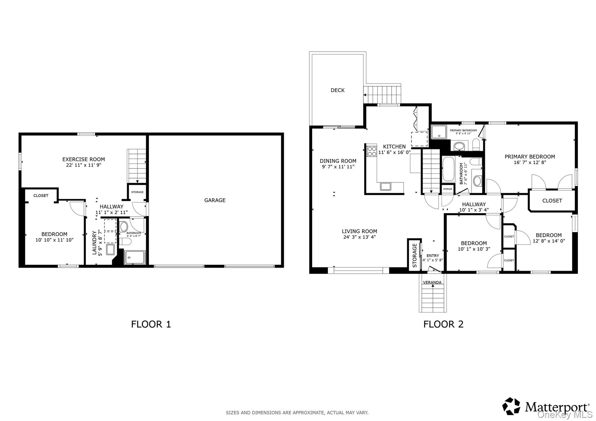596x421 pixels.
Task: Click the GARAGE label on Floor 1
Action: coord(215,200)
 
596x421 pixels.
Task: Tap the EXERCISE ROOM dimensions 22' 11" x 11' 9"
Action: coord(84,165)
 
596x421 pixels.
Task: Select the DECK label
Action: coord(338,90)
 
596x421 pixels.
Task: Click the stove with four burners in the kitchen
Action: coord(372,151)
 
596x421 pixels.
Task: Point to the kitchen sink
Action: coord(386,186)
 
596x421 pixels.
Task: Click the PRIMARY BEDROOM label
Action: coord(530,156)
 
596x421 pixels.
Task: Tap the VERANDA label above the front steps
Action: coord(432,282)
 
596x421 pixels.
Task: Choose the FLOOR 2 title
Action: coord(443,324)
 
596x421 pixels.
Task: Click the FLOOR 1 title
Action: coord(151,324)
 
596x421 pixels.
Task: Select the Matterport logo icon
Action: coord(511,406)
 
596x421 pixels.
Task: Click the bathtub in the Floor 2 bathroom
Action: coord(448,169)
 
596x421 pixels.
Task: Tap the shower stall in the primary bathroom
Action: coord(439,132)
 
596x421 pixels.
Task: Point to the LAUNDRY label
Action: coord(94,242)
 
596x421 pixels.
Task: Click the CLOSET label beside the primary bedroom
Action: coord(552,201)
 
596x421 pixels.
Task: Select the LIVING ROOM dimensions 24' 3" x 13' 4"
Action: coord(359,237)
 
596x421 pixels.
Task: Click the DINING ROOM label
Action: coord(338,161)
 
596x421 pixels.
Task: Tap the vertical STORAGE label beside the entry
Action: coord(415,255)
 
